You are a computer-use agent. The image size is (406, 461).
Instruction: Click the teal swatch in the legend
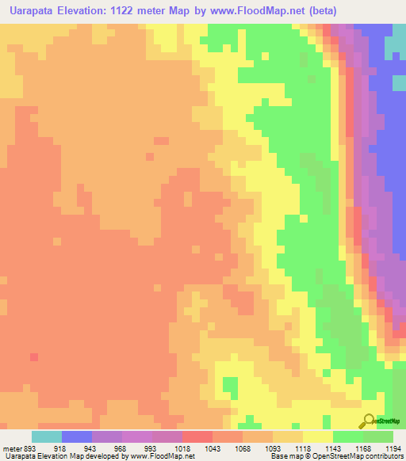pyautogui.click(x=46, y=436)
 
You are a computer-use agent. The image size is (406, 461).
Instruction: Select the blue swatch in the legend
pyautogui.click(x=76, y=436)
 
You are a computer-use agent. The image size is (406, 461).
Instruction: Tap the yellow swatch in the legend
pyautogui.click(x=317, y=436)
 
